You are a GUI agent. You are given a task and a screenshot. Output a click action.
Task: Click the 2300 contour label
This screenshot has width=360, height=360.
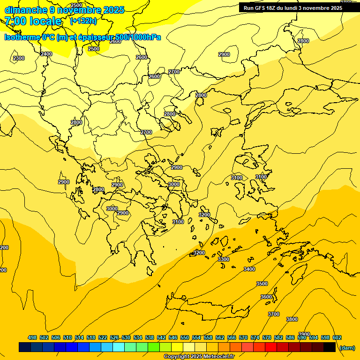[x=19, y=58]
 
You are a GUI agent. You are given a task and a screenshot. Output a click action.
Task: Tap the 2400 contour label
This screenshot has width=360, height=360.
[x=46, y=54]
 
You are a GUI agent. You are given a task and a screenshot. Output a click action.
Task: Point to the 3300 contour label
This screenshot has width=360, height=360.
[x=224, y=259]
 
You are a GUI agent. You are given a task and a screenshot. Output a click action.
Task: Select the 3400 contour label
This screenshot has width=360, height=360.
[x=249, y=269]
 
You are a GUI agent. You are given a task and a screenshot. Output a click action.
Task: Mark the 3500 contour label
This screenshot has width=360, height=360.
[x=262, y=284]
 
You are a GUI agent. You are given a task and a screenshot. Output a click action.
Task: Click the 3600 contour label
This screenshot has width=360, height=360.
[x=266, y=297]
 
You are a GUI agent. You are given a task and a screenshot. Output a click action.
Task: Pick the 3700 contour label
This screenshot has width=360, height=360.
[x=274, y=314]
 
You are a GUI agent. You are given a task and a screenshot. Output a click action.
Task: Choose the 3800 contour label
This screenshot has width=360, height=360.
[x=292, y=319]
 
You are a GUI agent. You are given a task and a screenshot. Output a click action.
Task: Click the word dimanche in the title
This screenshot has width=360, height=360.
[x=26, y=10]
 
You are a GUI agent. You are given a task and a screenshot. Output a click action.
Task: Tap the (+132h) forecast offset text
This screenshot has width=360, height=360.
[x=83, y=21]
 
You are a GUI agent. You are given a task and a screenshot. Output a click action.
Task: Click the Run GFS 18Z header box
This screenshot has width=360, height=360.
[x=299, y=7]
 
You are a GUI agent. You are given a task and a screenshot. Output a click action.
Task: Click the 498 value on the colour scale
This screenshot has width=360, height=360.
[x=32, y=337]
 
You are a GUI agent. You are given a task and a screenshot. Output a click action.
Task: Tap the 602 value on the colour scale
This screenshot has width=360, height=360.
[x=337, y=337]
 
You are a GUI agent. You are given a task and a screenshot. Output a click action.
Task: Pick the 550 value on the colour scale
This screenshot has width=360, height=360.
[x=185, y=337]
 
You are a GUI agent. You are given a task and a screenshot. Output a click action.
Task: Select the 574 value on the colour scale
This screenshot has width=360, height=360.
[x=255, y=337]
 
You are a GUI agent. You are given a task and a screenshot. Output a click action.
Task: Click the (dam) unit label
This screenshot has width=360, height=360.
[x=347, y=348]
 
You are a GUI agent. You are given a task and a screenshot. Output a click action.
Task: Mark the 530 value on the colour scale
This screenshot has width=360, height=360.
[x=126, y=337]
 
